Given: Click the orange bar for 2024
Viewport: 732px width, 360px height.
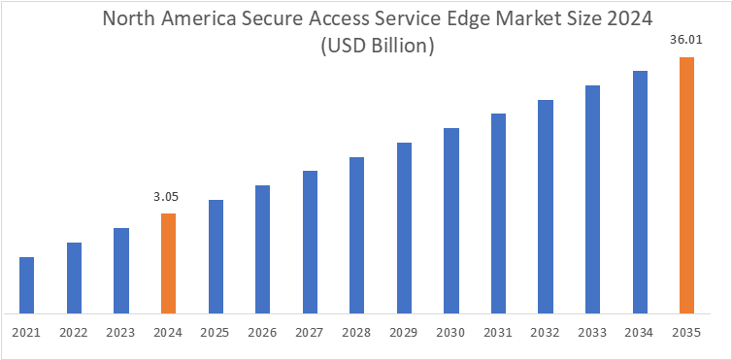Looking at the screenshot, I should pos(168,263).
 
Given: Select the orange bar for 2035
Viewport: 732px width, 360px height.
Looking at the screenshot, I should pos(686,185).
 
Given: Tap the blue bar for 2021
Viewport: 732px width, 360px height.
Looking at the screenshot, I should pos(27,285).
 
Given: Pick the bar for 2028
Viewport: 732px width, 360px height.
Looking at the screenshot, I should pos(356,235).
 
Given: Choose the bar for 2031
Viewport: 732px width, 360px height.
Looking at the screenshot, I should pos(498,213).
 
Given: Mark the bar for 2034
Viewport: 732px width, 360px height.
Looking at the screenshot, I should pos(640,192).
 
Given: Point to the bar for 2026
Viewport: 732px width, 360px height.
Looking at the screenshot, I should pos(262,249).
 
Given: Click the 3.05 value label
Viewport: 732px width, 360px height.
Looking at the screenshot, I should pos(167,197).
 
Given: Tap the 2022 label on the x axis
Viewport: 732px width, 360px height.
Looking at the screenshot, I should pos(74,332).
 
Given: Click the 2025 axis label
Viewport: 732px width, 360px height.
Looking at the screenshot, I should pos(215,332).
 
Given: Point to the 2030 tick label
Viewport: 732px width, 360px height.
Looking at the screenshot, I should pos(450,332).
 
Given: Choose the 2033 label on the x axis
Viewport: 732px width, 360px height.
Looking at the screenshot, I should pos(592,332).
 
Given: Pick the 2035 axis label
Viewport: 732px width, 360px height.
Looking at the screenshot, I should pos(686,332).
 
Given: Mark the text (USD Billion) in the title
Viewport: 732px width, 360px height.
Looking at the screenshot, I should pos(365,46).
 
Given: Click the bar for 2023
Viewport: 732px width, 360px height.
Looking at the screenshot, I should pos(121,271).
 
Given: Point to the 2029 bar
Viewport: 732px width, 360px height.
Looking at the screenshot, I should pos(404,228).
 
